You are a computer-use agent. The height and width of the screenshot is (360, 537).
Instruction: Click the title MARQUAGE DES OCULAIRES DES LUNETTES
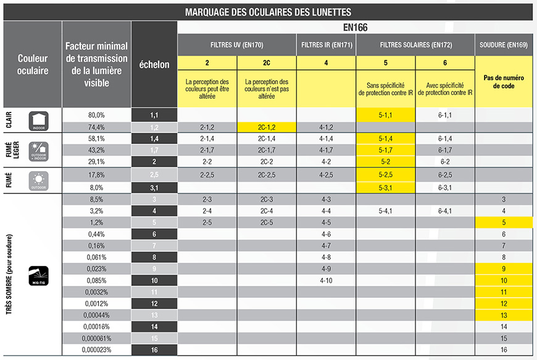[x=268, y=11]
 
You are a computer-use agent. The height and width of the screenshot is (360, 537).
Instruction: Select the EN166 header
[x=355, y=28]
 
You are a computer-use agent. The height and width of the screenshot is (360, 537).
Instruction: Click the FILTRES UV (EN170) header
[x=237, y=45]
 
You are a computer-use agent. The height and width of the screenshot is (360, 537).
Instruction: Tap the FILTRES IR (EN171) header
[x=326, y=45]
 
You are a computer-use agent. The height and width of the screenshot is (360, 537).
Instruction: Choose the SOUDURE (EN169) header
[x=504, y=45]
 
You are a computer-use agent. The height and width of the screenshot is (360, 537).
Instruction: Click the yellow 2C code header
[x=267, y=63]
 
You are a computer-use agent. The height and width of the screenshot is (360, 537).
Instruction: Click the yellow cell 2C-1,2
[x=267, y=127]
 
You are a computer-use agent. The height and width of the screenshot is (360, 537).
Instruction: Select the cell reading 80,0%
[x=96, y=115]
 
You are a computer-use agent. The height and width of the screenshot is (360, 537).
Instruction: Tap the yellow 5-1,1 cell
[x=385, y=115]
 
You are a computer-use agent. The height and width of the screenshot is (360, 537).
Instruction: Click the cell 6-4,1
[x=444, y=211]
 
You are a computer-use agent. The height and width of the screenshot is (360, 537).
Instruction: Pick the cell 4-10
[x=326, y=280]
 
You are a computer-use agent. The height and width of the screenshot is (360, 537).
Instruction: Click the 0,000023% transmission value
[x=96, y=350]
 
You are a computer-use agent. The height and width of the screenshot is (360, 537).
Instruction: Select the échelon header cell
[x=154, y=65]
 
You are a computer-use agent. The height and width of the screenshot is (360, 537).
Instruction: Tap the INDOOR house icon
[x=38, y=121]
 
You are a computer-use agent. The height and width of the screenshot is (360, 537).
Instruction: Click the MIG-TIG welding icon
[x=38, y=274]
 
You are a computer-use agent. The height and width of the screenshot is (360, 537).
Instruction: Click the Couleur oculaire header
[x=33, y=65]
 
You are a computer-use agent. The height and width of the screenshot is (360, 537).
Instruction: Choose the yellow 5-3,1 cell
[x=385, y=188]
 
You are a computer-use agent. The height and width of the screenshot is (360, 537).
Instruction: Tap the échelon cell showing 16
[x=154, y=350]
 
